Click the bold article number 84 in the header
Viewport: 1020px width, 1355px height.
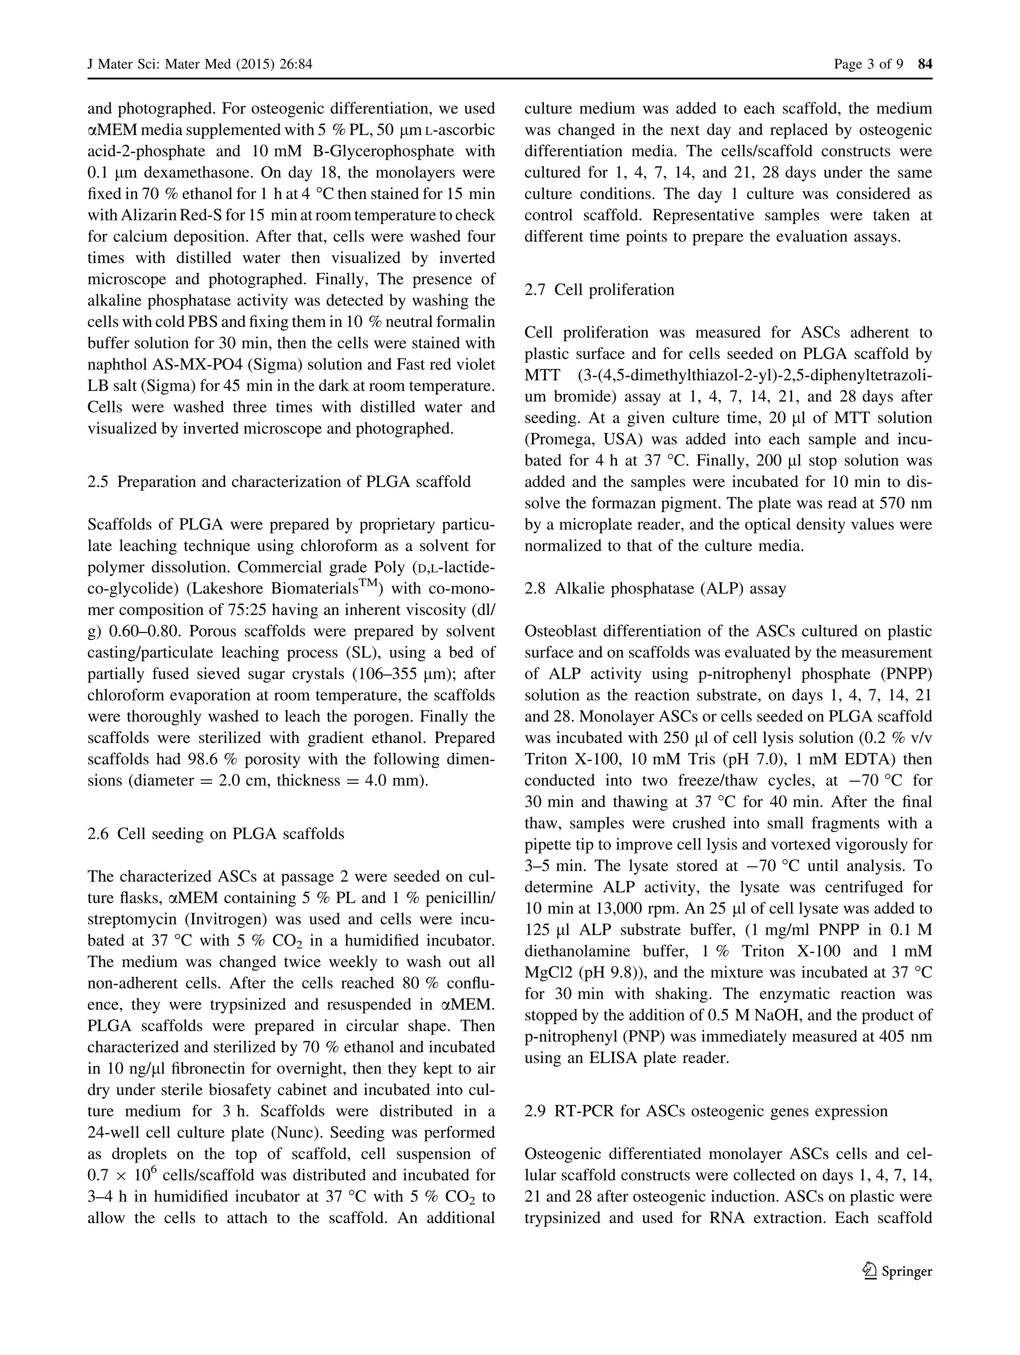(x=924, y=64)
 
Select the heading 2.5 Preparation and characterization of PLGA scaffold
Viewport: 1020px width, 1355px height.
(x=279, y=482)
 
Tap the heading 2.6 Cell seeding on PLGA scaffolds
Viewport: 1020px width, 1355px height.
(x=216, y=834)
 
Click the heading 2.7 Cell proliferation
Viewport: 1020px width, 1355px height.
(x=599, y=290)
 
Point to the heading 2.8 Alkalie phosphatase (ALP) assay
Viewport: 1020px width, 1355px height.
(x=655, y=589)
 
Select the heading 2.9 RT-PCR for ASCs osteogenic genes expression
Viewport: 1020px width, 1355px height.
(x=706, y=1111)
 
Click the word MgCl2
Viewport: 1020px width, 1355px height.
(x=548, y=973)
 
